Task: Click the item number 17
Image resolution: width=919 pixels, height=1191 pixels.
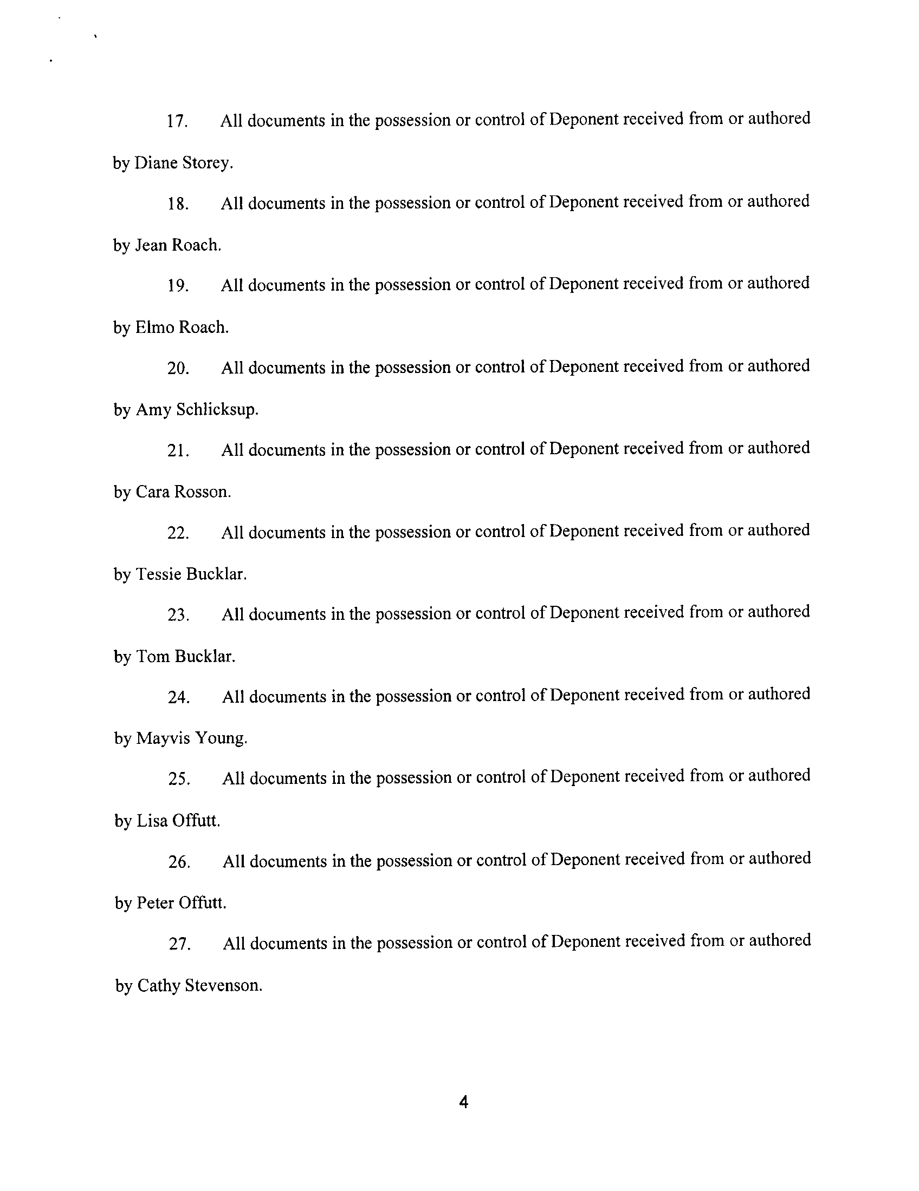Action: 177,121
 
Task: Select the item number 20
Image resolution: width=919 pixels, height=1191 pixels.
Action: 178,368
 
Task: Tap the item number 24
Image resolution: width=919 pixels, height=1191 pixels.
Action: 178,697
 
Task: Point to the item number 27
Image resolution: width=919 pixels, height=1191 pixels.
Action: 179,944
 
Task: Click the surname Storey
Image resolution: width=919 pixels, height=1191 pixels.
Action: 208,163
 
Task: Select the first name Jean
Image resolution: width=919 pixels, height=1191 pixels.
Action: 151,245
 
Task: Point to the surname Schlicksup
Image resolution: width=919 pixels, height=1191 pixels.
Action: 217,410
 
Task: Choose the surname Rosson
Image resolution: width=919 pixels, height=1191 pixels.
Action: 202,492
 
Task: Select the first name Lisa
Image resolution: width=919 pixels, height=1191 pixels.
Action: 152,821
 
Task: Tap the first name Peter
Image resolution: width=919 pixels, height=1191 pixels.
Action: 155,903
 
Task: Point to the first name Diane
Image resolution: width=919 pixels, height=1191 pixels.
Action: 156,163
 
